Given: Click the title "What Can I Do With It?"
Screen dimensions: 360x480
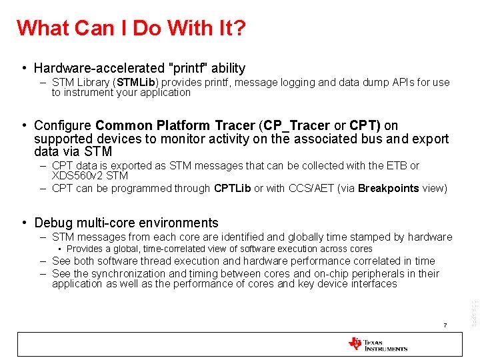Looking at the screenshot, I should coord(131,28).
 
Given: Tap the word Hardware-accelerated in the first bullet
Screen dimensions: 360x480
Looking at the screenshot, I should coord(99,68).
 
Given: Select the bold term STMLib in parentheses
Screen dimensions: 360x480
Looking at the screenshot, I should coord(137,83).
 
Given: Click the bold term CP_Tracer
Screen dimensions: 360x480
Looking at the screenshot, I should coord(297,125).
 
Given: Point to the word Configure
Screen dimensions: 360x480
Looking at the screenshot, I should coord(63,125).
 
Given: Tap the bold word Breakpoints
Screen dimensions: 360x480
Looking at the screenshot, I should coord(388,189).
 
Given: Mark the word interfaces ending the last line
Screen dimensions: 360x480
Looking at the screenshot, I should coord(372,285).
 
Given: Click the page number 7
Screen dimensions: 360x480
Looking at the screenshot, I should coord(444,325).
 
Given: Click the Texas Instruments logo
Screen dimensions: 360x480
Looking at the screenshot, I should coord(377,344).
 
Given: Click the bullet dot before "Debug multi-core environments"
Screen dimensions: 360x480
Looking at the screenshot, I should coord(24,223).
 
